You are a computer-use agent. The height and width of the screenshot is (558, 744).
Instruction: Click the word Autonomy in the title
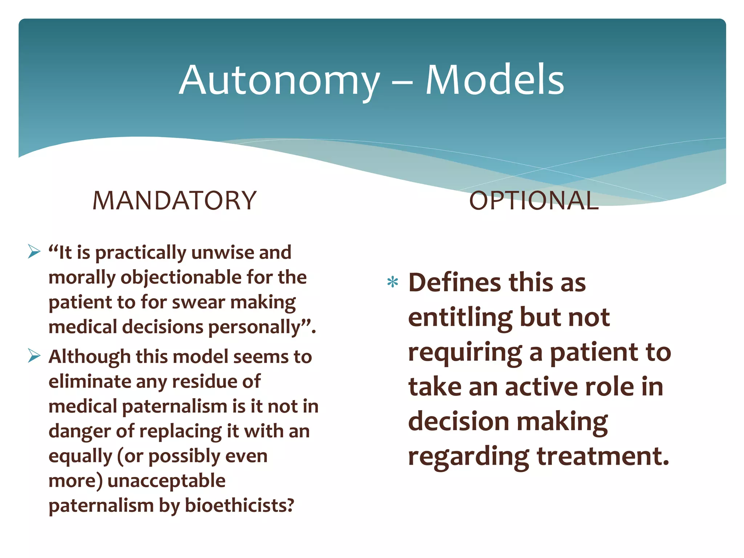tap(279, 81)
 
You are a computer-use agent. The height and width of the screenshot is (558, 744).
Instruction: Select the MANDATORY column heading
tap(174, 201)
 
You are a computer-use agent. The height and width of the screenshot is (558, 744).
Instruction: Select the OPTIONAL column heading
tap(534, 201)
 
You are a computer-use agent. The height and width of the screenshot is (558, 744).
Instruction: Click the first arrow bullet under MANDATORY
tap(34, 251)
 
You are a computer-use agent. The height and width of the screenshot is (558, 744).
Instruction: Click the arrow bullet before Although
tap(34, 356)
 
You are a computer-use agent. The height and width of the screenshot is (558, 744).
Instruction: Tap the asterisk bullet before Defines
tap(393, 282)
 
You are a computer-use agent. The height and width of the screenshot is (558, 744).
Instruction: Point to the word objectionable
tap(181, 278)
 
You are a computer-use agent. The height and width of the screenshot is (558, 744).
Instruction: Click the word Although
tap(89, 357)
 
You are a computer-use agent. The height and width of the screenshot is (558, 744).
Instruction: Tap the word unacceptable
tap(166, 481)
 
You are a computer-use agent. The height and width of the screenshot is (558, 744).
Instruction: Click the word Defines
tap(454, 282)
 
